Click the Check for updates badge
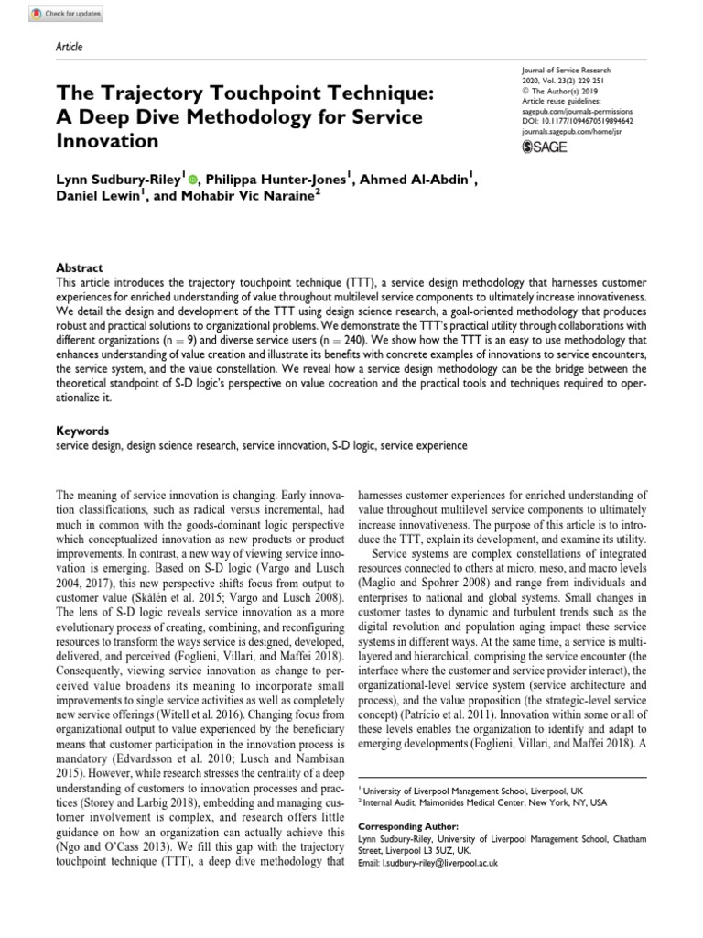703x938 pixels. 65,16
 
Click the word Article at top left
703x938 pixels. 70,47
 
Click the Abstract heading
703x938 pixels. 79,267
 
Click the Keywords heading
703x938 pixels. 82,431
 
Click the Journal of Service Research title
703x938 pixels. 565,71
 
